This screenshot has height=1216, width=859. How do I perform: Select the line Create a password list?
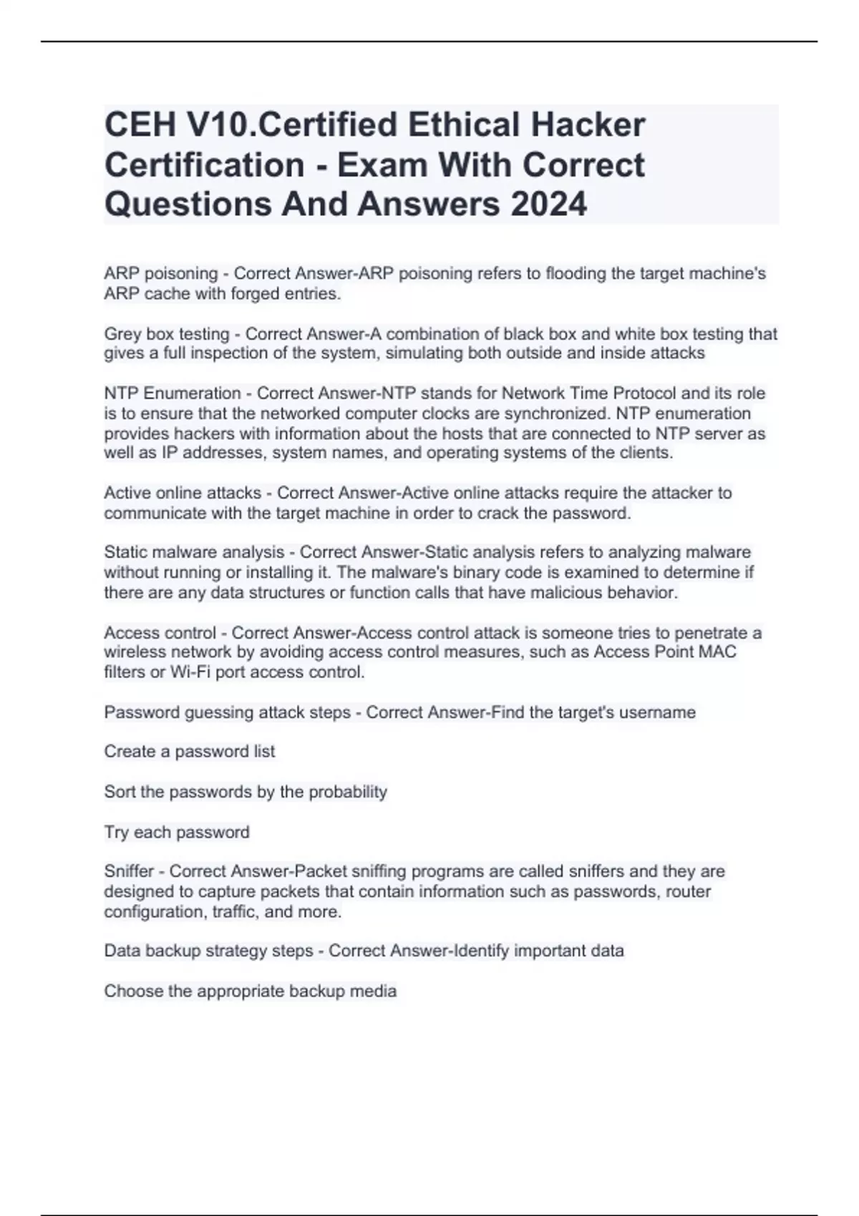(x=189, y=752)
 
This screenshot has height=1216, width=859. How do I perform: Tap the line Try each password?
(x=177, y=832)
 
